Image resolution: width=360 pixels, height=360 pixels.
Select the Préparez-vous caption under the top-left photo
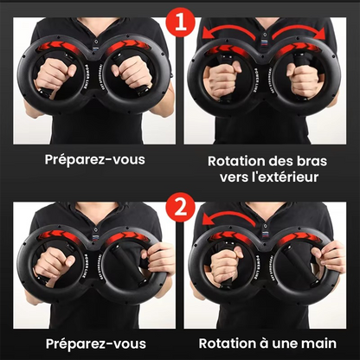click(x=94, y=161)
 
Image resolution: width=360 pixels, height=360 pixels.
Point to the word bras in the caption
click(x=312, y=160)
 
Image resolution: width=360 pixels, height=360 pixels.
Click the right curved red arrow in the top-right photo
click(x=310, y=32)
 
